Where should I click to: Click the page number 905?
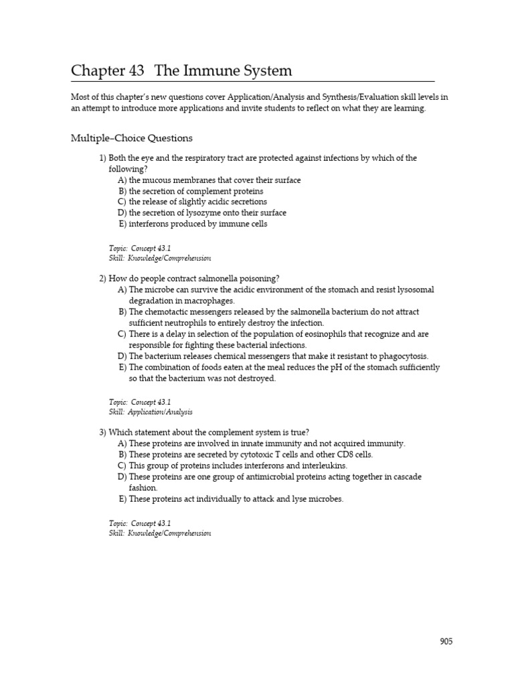tap(446, 642)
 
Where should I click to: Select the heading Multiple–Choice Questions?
tap(132, 138)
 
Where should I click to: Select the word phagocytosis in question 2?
tap(404, 356)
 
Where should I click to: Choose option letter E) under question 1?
tap(122, 224)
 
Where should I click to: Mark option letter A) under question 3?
tap(122, 443)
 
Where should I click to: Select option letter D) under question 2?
tap(122, 356)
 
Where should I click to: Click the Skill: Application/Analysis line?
tap(151, 412)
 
